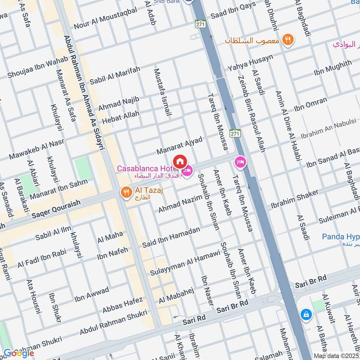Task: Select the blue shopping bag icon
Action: pos(306,315)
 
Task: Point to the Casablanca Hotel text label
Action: pos(144,168)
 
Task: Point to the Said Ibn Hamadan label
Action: pos(171,237)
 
